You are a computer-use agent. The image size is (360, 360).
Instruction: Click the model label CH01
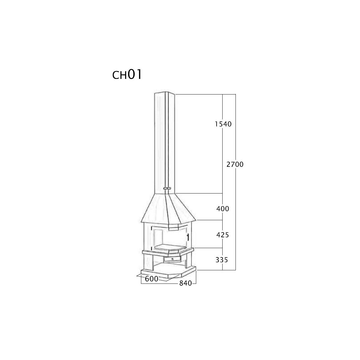[x=127, y=75]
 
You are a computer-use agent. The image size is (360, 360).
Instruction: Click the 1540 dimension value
[x=223, y=124]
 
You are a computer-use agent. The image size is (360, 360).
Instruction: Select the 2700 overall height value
[x=235, y=164]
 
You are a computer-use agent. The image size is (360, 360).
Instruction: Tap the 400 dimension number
[x=223, y=209]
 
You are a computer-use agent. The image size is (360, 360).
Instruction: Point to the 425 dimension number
[x=223, y=235]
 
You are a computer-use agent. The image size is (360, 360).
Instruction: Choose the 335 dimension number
[x=222, y=260]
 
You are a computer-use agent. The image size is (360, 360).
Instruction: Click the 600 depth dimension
[x=151, y=279]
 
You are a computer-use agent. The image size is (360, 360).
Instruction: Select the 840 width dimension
[x=185, y=283]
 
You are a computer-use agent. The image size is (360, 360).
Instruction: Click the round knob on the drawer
[x=172, y=259]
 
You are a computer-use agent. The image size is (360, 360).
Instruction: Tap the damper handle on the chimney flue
[x=167, y=188]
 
